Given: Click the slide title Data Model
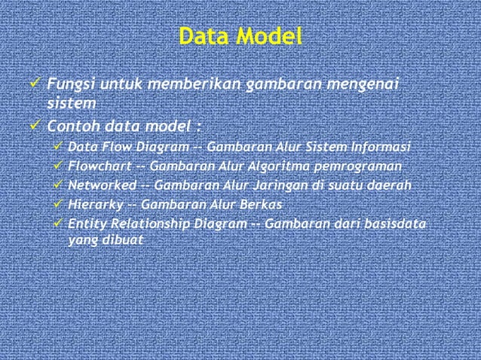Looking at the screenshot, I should click(240, 36).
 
